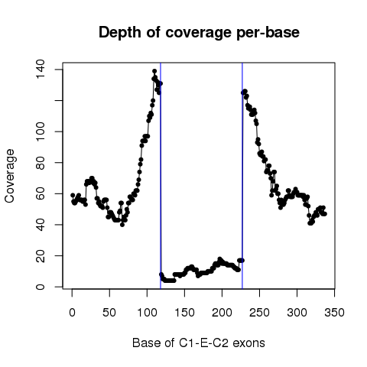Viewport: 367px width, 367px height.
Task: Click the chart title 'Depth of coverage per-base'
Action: pos(199,33)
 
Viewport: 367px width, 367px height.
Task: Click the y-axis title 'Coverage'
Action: pos(9,176)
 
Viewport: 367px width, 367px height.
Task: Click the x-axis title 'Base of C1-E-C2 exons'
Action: pos(199,343)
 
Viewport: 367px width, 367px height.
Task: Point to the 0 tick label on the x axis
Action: pos(72,313)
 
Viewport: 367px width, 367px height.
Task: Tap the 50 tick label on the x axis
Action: pos(109,313)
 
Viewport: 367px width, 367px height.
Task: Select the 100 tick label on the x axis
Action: pos(147,313)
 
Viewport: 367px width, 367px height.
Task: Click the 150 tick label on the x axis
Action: pos(184,313)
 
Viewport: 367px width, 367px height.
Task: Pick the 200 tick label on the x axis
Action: pos(222,313)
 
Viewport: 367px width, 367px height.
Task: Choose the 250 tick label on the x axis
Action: pos(259,313)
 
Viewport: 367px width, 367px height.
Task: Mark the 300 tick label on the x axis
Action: pos(297,313)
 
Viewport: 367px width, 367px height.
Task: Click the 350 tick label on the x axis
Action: pos(334,313)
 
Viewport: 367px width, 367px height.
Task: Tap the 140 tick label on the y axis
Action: pos(41,70)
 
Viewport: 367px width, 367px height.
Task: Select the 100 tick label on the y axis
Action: pos(41,132)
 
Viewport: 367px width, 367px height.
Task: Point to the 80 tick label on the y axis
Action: pos(41,163)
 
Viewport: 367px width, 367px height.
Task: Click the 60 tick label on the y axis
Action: pos(41,193)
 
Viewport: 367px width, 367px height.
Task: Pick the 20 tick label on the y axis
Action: pos(41,255)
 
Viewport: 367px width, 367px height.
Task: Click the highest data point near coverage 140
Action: pos(154,71)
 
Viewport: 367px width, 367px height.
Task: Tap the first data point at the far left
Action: pos(73,195)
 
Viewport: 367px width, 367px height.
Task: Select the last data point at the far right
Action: pos(325,214)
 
